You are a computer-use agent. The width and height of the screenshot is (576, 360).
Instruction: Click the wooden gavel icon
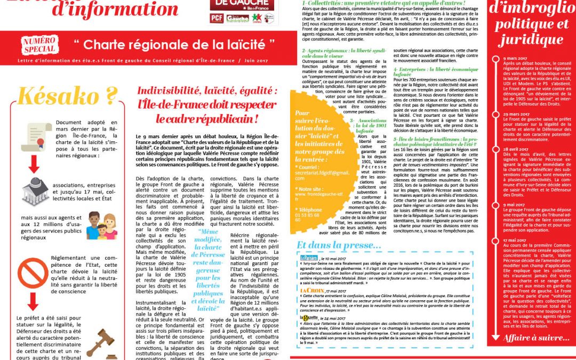101,342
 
